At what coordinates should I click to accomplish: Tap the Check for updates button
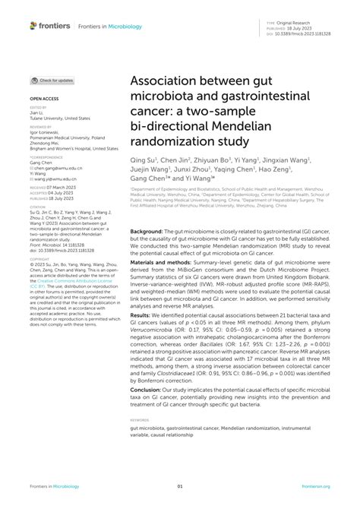[52, 80]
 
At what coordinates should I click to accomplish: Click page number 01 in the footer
[180, 487]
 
